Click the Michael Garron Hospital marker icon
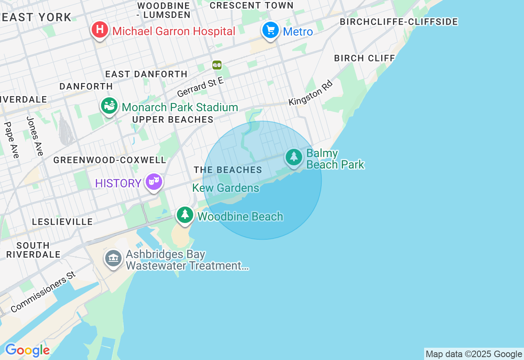click(99, 30)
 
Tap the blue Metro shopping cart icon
click(270, 30)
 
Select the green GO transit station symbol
click(217, 65)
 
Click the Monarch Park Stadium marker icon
click(109, 106)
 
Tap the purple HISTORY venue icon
click(154, 181)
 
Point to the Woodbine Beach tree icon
click(185, 214)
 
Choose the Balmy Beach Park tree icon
click(294, 157)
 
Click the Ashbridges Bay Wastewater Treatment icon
click(113, 258)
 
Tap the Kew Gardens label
click(226, 188)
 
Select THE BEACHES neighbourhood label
click(228, 170)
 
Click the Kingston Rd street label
click(310, 93)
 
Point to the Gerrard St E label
click(200, 87)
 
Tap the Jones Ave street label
click(35, 136)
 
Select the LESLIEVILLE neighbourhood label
click(63, 222)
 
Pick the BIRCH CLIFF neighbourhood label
click(364, 58)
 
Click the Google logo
click(27, 350)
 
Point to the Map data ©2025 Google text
click(474, 354)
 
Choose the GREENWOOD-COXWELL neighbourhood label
click(110, 160)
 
